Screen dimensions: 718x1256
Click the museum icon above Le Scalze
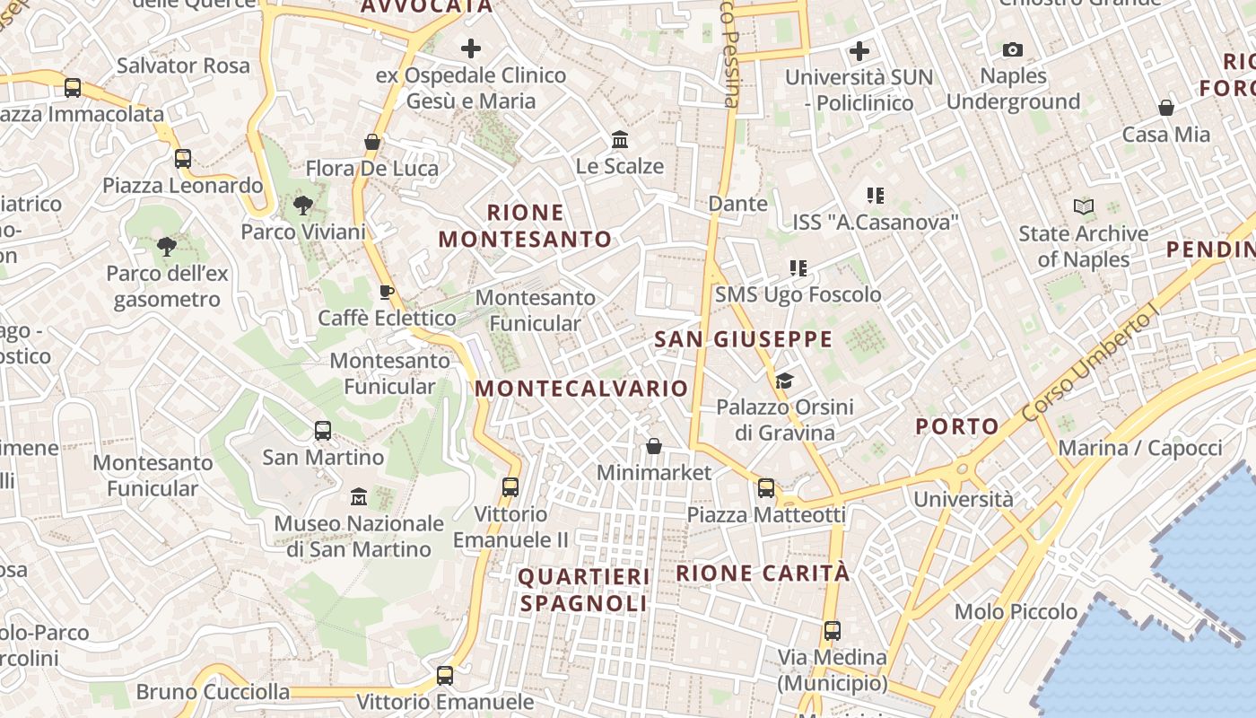pyautogui.click(x=620, y=139)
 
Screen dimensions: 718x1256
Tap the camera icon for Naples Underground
pyautogui.click(x=1013, y=49)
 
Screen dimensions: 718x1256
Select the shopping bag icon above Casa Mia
pyautogui.click(x=1166, y=108)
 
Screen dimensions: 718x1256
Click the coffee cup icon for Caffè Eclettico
pyautogui.click(x=386, y=292)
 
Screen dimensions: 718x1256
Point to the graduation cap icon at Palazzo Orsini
pyautogui.click(x=784, y=381)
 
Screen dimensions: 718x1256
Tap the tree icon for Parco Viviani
pyautogui.click(x=303, y=206)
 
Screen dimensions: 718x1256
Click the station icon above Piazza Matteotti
pyautogui.click(x=765, y=487)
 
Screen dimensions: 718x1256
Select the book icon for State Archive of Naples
pyautogui.click(x=1084, y=207)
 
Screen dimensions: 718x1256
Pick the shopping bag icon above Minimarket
pyautogui.click(x=654, y=446)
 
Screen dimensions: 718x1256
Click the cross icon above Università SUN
pyautogui.click(x=859, y=50)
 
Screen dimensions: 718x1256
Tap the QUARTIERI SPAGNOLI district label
pyautogui.click(x=583, y=590)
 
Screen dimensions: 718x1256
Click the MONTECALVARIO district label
pyautogui.click(x=581, y=389)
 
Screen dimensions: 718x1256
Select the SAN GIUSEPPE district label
pyautogui.click(x=744, y=339)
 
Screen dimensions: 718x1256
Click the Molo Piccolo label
pyautogui.click(x=1016, y=612)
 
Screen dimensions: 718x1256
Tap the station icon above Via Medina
pyautogui.click(x=833, y=630)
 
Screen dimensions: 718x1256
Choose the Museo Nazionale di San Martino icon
pyautogui.click(x=359, y=496)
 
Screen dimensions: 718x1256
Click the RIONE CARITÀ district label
pyautogui.click(x=762, y=573)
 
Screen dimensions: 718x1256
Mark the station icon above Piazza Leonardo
pyautogui.click(x=183, y=159)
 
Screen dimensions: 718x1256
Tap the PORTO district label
pyautogui.click(x=957, y=426)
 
